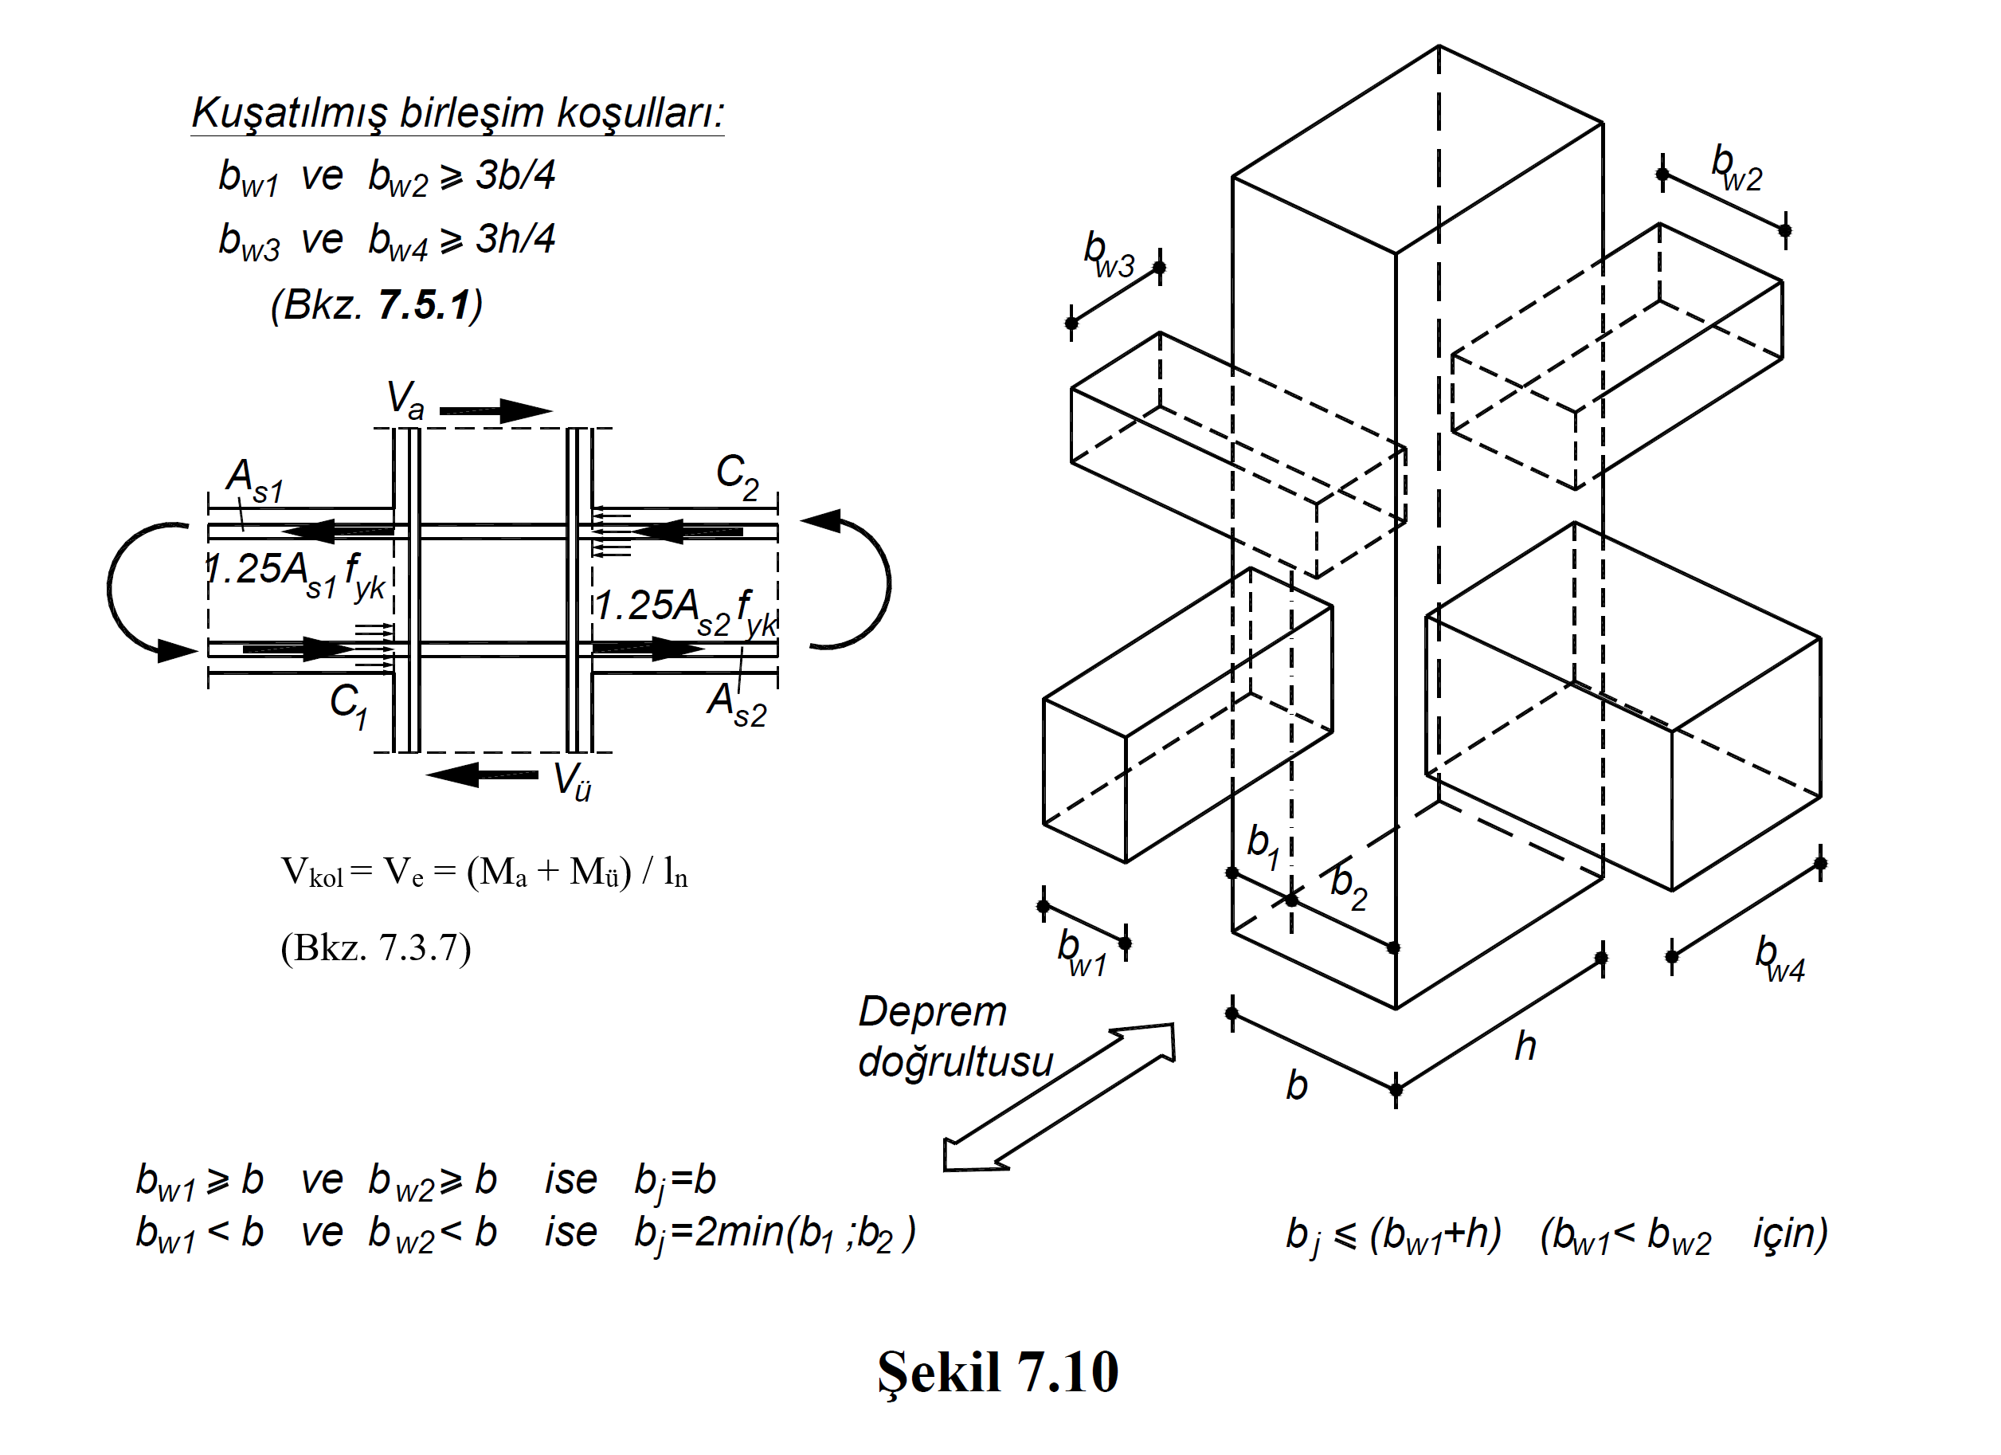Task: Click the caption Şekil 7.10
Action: [x=997, y=1372]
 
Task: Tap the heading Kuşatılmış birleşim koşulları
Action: [x=458, y=113]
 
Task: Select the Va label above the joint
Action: [x=405, y=399]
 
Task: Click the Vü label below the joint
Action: [x=572, y=781]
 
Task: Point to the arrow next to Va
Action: [x=495, y=410]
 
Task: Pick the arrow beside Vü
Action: [x=482, y=775]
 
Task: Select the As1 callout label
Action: [x=254, y=480]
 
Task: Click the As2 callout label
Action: [x=737, y=705]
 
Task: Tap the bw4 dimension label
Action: [x=1779, y=959]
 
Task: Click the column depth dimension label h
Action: [x=1525, y=1046]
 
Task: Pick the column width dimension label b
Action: [x=1296, y=1085]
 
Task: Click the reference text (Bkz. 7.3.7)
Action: [x=376, y=948]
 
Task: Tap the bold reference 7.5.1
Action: [x=424, y=305]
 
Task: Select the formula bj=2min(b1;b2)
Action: [x=774, y=1233]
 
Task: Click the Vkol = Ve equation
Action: [x=484, y=872]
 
